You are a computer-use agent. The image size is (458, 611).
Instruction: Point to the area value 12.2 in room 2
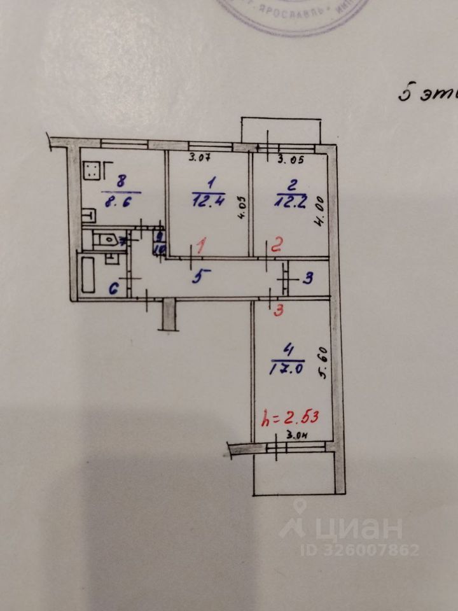point(288,201)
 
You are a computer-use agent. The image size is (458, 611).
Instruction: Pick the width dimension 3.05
point(293,159)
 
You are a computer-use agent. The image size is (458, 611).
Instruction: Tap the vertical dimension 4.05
point(240,208)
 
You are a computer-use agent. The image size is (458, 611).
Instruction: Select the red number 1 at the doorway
point(202,246)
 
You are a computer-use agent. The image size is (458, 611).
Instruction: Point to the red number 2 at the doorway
point(275,246)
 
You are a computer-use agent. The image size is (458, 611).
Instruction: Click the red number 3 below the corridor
point(277,311)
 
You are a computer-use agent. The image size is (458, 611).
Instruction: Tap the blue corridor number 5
point(202,275)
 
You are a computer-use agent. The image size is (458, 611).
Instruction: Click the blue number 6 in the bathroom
point(114,288)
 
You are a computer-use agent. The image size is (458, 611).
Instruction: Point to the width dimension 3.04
point(297,436)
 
